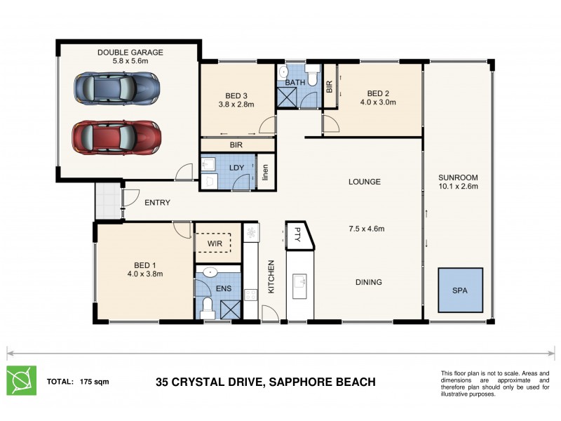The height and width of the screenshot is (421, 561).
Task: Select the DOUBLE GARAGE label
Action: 130,52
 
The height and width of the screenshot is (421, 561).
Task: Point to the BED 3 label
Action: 236,95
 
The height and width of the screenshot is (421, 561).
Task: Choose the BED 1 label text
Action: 144,265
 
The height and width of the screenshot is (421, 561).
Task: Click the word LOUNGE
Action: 365,182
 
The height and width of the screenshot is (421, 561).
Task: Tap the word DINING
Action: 368,283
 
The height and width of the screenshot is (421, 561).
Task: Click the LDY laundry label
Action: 236,168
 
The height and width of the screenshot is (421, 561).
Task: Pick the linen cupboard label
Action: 266,173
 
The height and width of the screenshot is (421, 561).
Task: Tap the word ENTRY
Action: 157,203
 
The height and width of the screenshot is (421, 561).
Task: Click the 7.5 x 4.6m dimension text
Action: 366,228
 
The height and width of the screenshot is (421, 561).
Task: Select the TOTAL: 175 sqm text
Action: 77,382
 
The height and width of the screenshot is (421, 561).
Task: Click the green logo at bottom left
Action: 21,381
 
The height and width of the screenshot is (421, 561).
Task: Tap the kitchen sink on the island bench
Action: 302,282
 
